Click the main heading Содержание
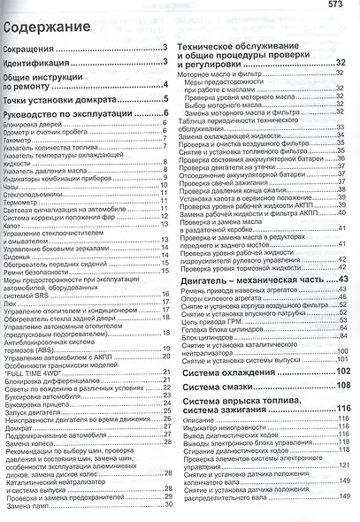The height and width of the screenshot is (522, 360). click(x=46, y=27)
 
